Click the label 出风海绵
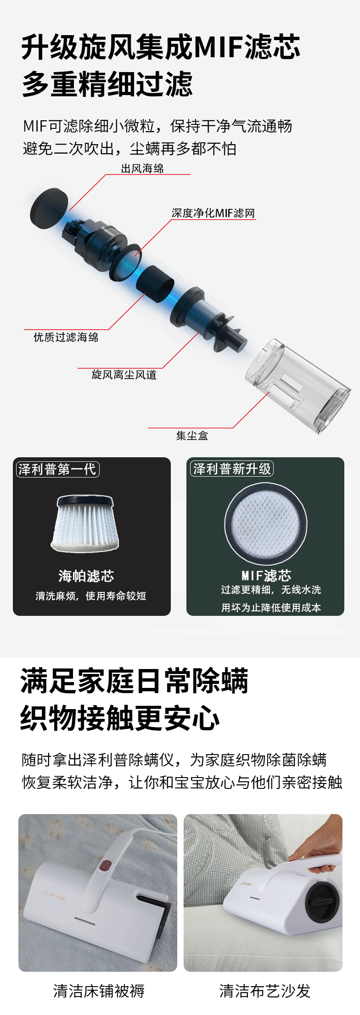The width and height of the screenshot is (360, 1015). pos(142,168)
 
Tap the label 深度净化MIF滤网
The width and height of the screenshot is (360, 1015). pos(213,213)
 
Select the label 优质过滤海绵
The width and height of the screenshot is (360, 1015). pos(66,337)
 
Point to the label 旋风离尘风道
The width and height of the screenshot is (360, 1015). pos(124,374)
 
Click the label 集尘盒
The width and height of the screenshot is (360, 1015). pos(192,436)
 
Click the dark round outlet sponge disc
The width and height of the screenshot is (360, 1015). pos(49,209)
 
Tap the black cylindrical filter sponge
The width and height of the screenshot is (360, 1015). pos(155,283)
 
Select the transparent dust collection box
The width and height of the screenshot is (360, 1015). pos(297,386)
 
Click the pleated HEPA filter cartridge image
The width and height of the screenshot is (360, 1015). pos(85,523)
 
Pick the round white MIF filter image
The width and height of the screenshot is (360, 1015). pos(266,523)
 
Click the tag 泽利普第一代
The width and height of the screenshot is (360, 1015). pos(57,469)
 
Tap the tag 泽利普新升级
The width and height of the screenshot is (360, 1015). pos(232,469)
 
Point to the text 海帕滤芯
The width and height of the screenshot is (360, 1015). pos(86,576)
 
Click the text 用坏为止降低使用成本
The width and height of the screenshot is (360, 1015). pos(271,608)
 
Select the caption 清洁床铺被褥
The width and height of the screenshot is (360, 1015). pos(99,991)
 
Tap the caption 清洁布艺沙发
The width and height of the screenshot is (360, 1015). pos(265,991)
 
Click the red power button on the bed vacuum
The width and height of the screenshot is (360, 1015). pos(105,865)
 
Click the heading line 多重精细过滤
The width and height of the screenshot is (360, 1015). pos(107,84)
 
